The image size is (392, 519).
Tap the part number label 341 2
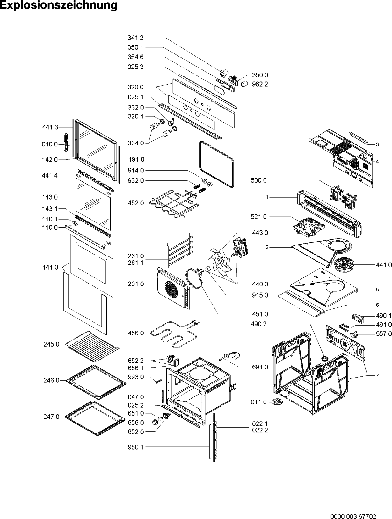click(x=135, y=38)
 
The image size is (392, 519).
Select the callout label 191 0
click(x=136, y=159)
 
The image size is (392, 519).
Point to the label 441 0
click(x=384, y=265)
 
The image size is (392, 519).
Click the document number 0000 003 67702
click(x=353, y=515)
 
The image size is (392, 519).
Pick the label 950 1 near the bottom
click(x=136, y=447)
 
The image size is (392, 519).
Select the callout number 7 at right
click(x=377, y=375)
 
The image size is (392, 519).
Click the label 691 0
click(x=260, y=367)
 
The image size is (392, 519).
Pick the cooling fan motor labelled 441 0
click(x=343, y=265)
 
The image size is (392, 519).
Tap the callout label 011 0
click(x=259, y=402)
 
